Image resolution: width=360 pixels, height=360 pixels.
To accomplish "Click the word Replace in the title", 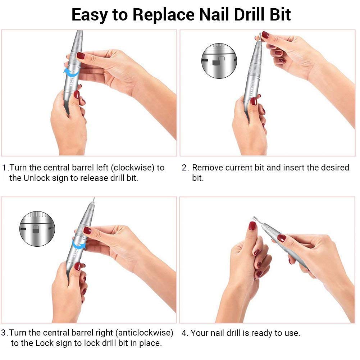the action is click(164, 15).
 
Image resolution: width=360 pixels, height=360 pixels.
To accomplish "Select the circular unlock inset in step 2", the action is click(219, 61).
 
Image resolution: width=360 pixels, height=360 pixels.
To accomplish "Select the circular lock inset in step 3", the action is click(37, 229).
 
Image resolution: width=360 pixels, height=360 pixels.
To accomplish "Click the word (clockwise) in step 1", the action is click(133, 168).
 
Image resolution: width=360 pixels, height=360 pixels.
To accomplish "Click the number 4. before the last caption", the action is click(185, 333).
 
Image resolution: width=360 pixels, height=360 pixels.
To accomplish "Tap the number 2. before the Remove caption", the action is click(186, 168).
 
